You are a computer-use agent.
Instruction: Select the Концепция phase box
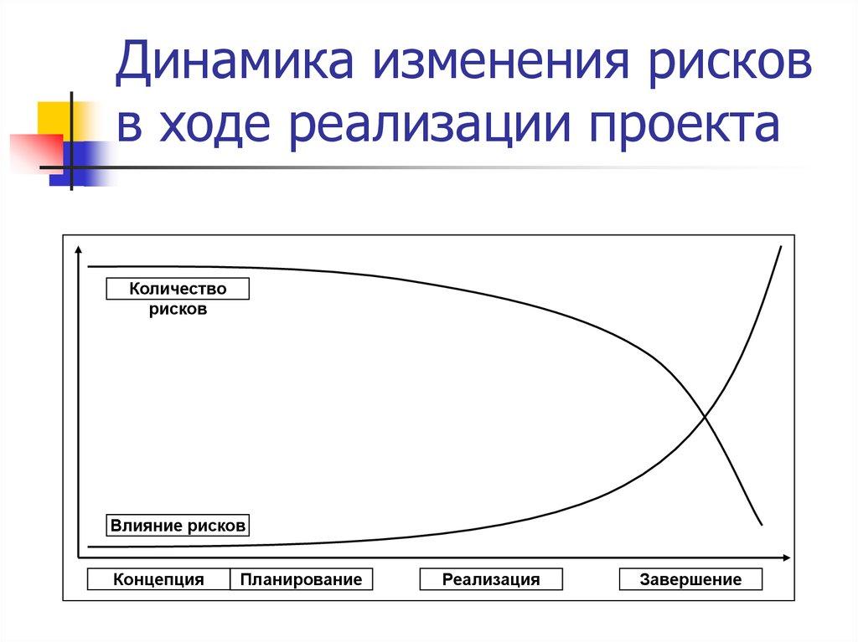[159, 579]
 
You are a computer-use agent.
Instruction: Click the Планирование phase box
[301, 579]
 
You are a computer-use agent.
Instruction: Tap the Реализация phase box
[491, 579]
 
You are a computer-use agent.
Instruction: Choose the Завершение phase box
[690, 579]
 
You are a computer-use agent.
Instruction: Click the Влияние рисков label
[178, 526]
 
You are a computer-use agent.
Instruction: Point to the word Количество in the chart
[178, 290]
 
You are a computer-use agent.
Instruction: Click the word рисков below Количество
[178, 310]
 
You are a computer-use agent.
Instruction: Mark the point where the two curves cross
[705, 415]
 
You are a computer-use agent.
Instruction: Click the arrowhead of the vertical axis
[78, 248]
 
